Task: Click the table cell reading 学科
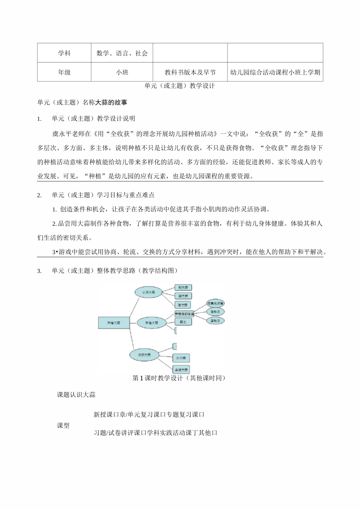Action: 64,53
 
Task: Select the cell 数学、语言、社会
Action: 122,53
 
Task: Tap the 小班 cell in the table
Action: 122,72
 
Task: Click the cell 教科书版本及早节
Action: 190,72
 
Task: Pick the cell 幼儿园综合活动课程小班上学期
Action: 275,72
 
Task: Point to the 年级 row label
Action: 64,72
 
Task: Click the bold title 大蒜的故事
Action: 111,102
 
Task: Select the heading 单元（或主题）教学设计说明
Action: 93,119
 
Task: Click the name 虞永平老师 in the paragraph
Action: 67,134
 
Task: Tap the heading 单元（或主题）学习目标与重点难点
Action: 103,195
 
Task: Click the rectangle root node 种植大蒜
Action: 114,323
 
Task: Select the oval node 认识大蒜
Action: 148,292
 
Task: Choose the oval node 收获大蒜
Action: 144,355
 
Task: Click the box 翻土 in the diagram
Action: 183,322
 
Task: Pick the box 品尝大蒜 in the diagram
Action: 181,370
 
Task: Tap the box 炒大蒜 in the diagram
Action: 181,358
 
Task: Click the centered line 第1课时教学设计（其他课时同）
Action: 179,378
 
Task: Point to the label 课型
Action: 63,426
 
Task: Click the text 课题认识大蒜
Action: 76,395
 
